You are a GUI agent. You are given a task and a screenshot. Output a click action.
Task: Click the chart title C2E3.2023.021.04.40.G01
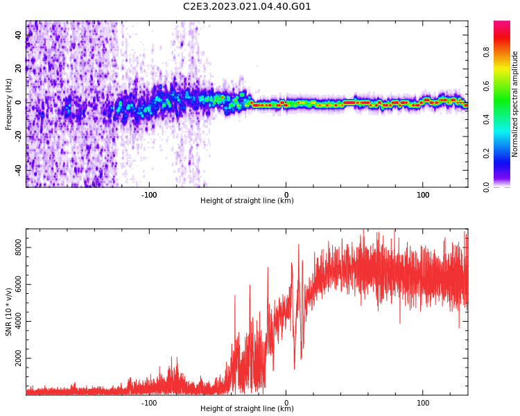tap(247, 7)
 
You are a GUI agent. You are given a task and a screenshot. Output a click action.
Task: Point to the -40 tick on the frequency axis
tap(17, 168)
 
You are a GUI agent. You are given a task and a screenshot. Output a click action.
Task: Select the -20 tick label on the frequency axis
tap(17, 135)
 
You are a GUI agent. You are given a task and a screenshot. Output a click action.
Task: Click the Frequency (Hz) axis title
tap(8, 104)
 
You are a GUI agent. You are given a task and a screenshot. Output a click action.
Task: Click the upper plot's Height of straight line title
tap(247, 201)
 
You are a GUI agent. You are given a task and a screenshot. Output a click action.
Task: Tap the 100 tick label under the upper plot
tap(423, 194)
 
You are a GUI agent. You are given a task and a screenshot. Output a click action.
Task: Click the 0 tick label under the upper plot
tap(286, 194)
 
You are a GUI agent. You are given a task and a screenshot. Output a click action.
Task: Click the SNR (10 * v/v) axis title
tap(8, 312)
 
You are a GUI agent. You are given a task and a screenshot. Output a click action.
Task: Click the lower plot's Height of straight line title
tap(247, 409)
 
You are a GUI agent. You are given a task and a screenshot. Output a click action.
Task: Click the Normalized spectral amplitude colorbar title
tap(515, 104)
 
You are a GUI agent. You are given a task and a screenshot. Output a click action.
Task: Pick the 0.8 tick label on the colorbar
tap(486, 52)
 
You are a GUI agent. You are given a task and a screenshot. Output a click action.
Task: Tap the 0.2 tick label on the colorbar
tap(486, 153)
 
